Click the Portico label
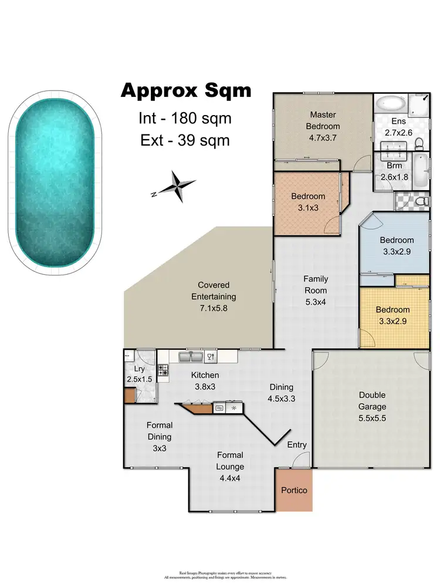[294, 490]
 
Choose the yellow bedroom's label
[392, 315]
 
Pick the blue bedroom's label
[397, 245]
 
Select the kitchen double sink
[192, 356]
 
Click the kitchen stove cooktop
[163, 370]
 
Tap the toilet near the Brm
[418, 202]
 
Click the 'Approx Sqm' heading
[185, 91]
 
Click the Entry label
[296, 445]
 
